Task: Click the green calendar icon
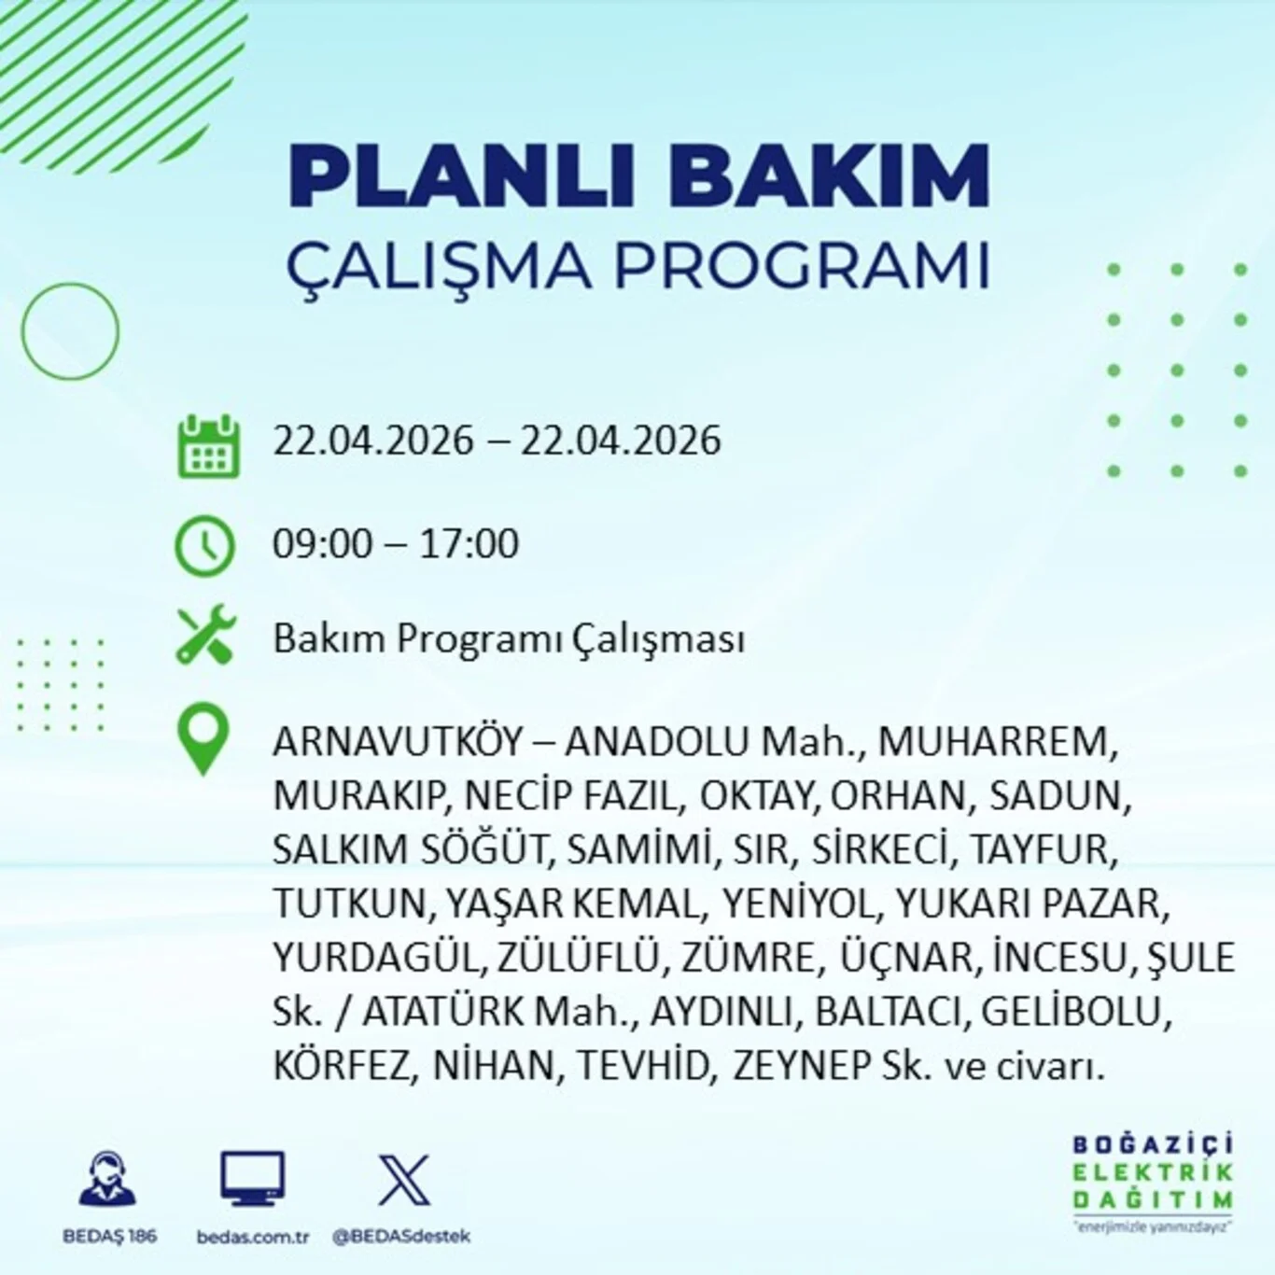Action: pos(208,448)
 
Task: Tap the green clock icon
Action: pos(204,545)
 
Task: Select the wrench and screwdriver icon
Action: pos(206,636)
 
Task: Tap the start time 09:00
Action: pos(322,544)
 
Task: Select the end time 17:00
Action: pos(469,544)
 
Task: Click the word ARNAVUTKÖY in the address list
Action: pos(398,742)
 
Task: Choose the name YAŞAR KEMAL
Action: pos(571,904)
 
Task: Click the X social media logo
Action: pos(403,1180)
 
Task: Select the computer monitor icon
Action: pos(252,1179)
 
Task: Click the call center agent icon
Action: pos(108,1179)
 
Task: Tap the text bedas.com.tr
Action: pos(252,1237)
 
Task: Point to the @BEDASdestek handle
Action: pos(401,1237)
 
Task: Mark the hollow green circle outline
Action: pos(70,331)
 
